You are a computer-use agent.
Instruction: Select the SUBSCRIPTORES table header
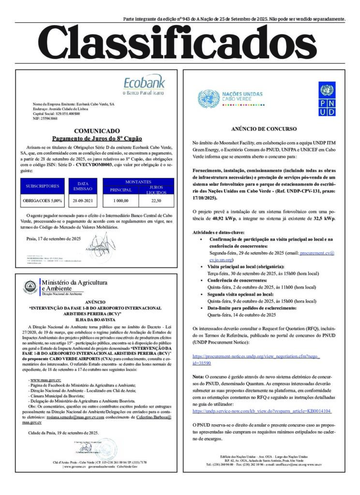tap(43, 186)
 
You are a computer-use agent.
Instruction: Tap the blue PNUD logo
tap(326, 99)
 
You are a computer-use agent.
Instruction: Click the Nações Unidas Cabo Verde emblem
tap(209, 99)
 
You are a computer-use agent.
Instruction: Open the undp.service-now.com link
tap(262, 410)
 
